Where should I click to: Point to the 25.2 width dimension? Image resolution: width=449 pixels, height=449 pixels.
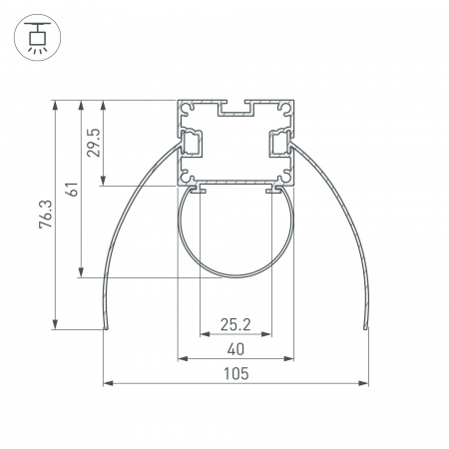(234, 323)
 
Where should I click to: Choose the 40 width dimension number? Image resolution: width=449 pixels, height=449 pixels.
(234, 348)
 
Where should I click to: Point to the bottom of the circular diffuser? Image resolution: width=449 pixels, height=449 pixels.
(235, 278)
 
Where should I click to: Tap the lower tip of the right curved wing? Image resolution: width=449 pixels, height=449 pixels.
(366, 325)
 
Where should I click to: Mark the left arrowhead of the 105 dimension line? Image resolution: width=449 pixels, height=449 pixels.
(107, 382)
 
